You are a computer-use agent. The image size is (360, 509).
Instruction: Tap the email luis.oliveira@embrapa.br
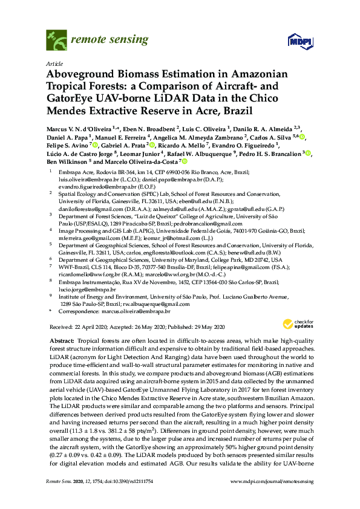pos(85,180)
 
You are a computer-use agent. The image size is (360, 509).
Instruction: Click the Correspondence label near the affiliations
pos(85,311)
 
